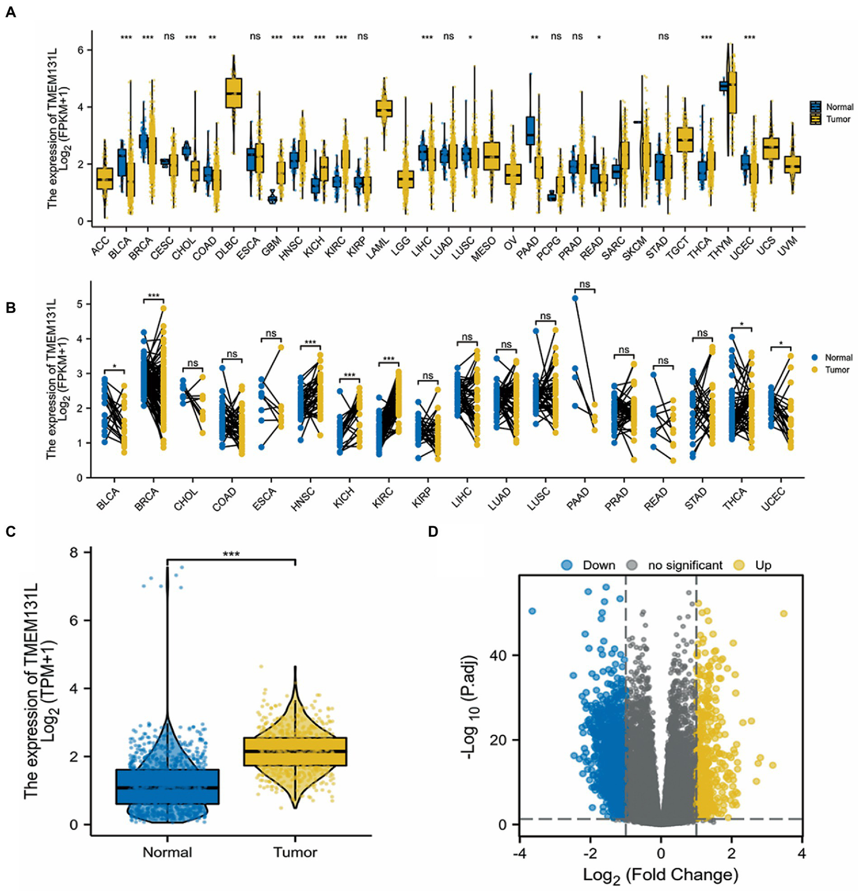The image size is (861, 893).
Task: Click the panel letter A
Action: tap(10, 12)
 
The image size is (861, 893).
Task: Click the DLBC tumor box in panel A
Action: tap(233, 93)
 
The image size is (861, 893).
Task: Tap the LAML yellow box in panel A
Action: tap(384, 108)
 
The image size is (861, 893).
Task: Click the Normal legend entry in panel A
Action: tap(839, 107)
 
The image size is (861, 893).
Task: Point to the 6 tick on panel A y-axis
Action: tap(80, 50)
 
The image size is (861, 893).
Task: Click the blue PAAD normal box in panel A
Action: tap(530, 130)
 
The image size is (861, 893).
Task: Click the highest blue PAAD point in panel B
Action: tap(575, 298)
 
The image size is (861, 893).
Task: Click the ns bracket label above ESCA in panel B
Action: tap(271, 333)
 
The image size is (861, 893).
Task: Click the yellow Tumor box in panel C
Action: tap(295, 751)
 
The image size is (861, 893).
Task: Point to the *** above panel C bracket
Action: tap(231, 554)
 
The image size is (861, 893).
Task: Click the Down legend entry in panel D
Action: tap(598, 565)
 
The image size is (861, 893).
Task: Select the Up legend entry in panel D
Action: tap(762, 565)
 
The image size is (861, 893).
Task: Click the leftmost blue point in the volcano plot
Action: tap(532, 611)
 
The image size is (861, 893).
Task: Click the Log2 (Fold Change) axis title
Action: tap(661, 874)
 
